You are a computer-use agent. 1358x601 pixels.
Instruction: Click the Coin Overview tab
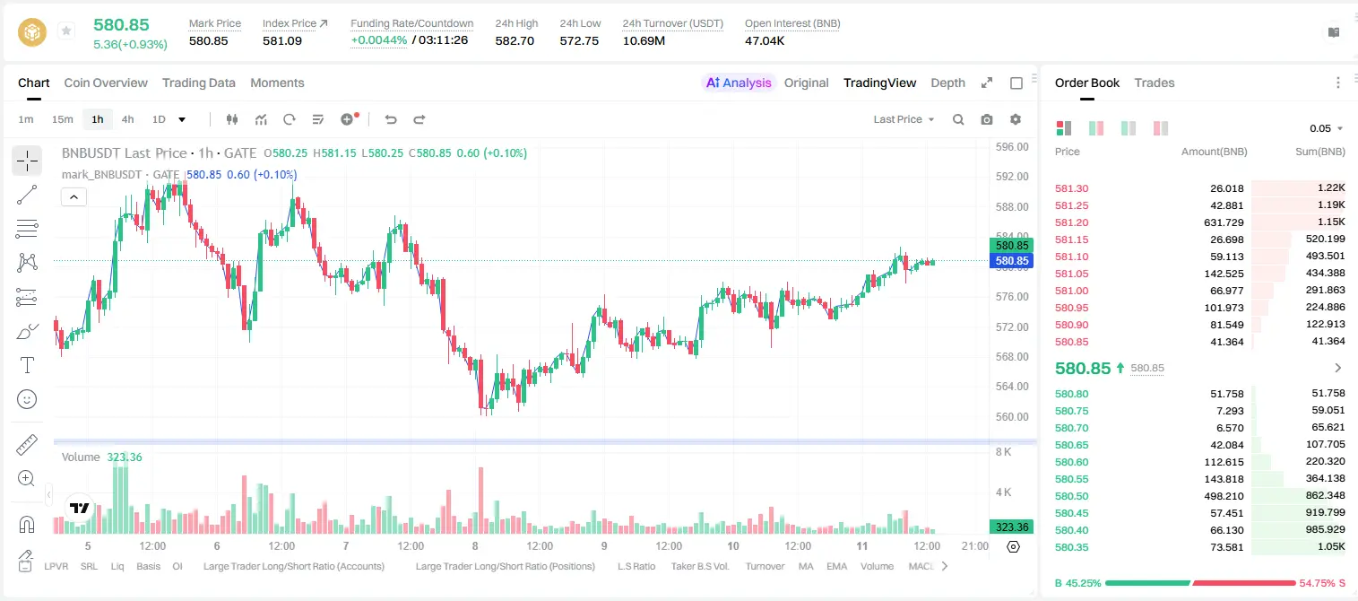106,83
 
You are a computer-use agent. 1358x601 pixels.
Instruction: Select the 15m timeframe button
62,119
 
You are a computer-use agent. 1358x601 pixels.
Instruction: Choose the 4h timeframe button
127,119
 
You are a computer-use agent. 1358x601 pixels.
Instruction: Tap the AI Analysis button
739,83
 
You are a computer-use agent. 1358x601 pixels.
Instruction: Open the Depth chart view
947,83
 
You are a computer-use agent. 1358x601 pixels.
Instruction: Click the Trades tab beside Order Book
1155,83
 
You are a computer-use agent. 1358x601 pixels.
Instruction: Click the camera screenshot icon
987,119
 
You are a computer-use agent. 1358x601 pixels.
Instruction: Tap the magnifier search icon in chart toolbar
958,119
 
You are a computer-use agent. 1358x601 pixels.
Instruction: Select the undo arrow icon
391,119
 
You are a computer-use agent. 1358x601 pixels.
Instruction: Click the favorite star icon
66,30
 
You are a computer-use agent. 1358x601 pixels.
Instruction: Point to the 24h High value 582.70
515,40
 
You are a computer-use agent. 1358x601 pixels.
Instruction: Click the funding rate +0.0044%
379,40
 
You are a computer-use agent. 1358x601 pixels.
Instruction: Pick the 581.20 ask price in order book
1071,222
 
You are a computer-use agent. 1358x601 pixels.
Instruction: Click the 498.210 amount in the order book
1224,496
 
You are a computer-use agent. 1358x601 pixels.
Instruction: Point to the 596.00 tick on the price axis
1012,147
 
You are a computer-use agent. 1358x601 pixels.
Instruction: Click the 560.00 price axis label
1012,416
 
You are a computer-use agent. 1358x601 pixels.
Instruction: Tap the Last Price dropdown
904,119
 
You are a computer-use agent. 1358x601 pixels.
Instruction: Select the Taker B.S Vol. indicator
699,566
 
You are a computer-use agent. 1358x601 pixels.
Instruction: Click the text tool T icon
27,365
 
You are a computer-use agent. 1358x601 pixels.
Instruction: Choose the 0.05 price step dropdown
1326,128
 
